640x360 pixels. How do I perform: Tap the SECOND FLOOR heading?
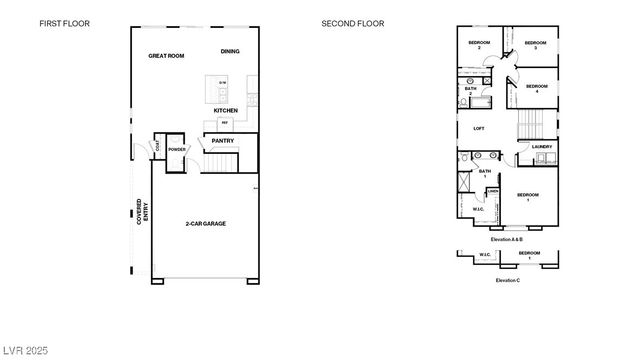pos(353,22)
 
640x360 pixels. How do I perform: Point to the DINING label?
pos(230,50)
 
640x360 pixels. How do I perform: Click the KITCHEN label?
pos(225,110)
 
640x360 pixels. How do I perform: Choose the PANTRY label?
pos(222,141)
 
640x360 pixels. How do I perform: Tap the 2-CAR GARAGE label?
pos(205,224)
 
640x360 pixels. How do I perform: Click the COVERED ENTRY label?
pos(141,211)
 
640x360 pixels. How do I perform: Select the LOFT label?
pos(478,129)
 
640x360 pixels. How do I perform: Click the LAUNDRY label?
pos(541,147)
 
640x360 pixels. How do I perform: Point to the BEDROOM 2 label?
pos(479,45)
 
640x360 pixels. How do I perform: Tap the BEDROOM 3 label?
pos(536,45)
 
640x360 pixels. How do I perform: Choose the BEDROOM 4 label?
pos(537,88)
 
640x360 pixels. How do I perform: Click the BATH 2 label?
pos(470,91)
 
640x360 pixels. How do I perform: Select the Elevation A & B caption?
pos(507,240)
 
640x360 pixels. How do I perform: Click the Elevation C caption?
pos(507,280)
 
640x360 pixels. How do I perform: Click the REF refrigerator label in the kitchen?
pos(224,122)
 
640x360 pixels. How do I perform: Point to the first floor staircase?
pos(222,160)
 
